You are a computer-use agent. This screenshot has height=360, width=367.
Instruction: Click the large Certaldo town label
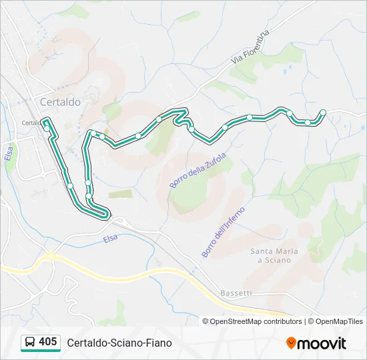click(x=60, y=102)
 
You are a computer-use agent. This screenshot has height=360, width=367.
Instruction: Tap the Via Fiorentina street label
click(x=250, y=47)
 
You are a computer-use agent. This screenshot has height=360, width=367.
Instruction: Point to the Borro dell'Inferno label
click(x=223, y=232)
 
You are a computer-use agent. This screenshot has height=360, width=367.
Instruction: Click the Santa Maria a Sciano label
click(x=270, y=255)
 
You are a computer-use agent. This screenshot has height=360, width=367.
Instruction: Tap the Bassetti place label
click(x=236, y=293)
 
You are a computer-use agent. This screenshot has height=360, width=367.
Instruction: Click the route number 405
click(x=48, y=341)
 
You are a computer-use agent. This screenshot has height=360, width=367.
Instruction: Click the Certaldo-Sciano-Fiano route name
click(x=119, y=343)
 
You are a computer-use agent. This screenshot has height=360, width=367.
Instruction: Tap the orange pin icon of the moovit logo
click(x=291, y=343)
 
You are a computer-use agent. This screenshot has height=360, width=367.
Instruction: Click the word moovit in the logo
click(x=322, y=343)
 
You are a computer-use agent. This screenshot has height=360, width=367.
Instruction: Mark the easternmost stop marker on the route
click(x=323, y=112)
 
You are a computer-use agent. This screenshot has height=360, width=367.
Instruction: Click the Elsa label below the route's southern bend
click(x=110, y=238)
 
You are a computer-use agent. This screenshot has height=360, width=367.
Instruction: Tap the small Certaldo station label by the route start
click(x=31, y=123)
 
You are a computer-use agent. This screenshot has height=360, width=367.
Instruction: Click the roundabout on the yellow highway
click(x=50, y=255)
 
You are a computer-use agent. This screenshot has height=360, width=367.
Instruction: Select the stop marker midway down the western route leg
click(x=69, y=185)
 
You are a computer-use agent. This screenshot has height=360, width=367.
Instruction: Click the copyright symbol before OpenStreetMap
click(x=206, y=321)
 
